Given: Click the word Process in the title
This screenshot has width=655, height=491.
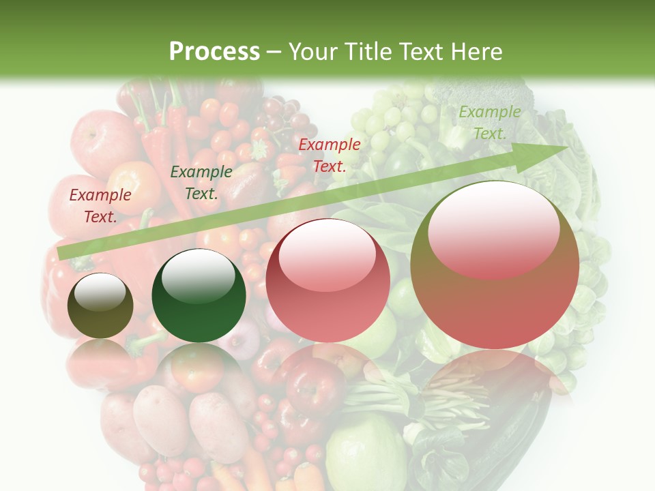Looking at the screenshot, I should pos(214,51).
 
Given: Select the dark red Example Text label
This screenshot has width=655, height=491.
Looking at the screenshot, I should pos(100,206).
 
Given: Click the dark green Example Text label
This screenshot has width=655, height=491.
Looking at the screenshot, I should pos(201,183).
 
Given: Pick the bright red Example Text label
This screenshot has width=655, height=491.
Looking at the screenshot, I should pos(329,155).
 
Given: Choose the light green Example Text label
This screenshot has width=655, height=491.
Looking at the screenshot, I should pos(489,123).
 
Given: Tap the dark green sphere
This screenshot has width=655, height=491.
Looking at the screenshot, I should pos(199,296).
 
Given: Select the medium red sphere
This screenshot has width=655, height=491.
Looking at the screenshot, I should pos(327,280).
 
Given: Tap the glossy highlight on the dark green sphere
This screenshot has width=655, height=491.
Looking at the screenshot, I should pos(198,276).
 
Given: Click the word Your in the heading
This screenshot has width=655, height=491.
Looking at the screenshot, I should pos(313,51).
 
